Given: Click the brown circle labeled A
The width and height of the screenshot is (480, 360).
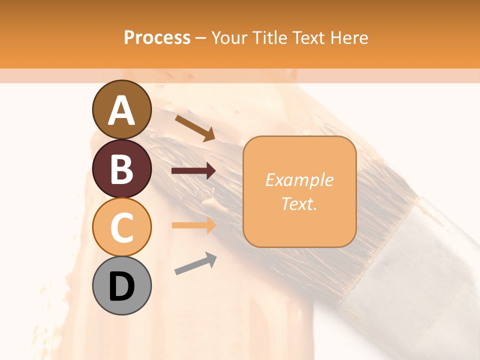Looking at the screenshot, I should click(x=121, y=109).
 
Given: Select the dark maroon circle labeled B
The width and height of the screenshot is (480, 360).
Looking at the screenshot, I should click(x=121, y=168).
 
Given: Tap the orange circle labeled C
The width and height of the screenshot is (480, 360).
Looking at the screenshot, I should click(x=121, y=227).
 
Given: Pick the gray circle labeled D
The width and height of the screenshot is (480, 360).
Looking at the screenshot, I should click(x=121, y=285).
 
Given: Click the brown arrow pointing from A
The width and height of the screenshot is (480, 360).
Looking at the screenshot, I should click(x=195, y=127).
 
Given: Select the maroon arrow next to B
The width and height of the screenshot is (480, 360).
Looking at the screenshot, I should click(x=193, y=171).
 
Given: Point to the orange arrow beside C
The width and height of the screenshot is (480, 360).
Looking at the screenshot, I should click(x=193, y=225).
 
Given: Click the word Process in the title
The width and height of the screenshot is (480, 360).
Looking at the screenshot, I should click(x=157, y=37).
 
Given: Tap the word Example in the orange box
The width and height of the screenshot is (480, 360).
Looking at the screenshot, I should click(x=299, y=180).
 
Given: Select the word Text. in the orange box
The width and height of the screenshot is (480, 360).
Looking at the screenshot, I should click(x=299, y=203).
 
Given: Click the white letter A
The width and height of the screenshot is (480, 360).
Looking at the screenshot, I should click(x=121, y=110).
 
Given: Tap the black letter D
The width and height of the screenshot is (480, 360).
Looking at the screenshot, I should click(x=121, y=286).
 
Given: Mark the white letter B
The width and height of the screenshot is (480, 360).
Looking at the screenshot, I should click(x=121, y=169).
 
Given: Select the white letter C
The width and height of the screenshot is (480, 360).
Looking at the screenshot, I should click(x=121, y=227).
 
